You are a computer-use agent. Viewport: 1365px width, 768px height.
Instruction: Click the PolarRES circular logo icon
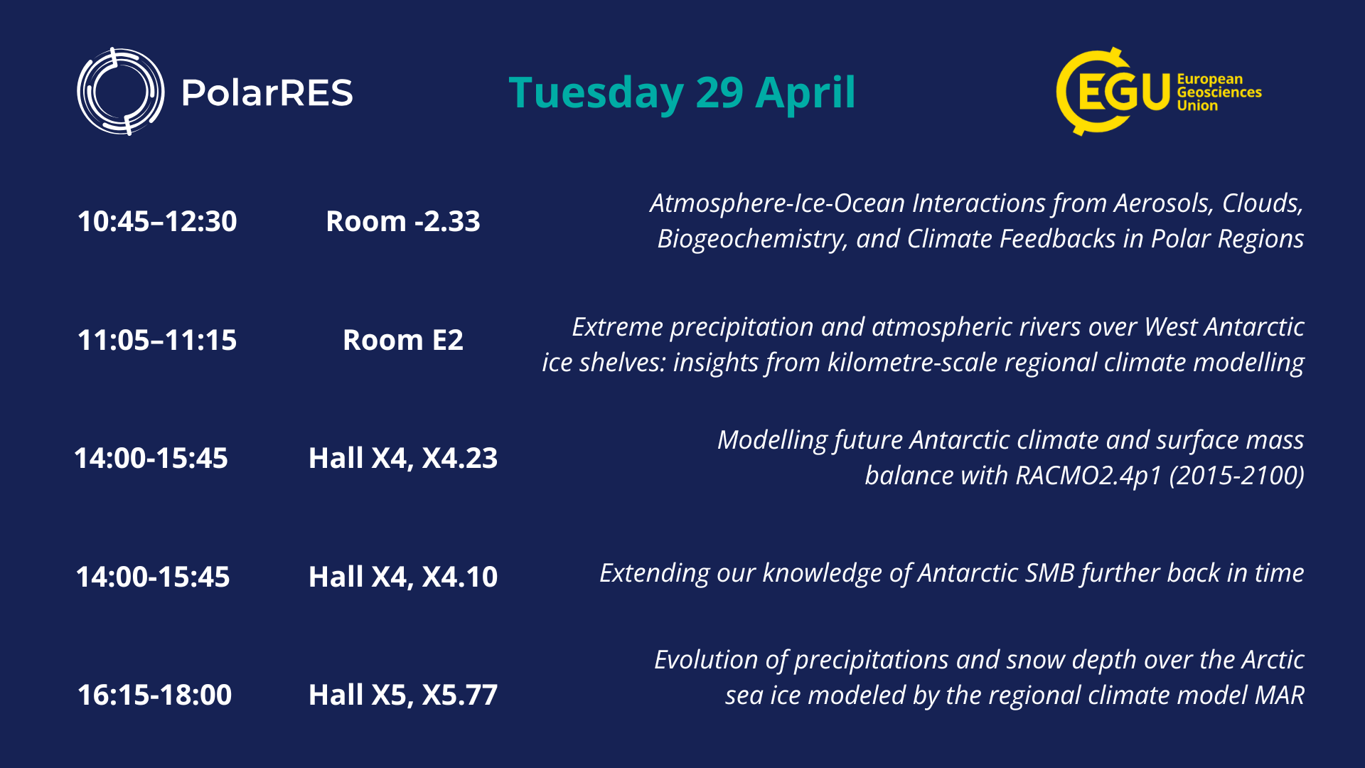click(121, 92)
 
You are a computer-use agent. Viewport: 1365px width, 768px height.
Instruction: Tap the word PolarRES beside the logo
click(267, 93)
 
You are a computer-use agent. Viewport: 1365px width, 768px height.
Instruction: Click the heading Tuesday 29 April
click(682, 92)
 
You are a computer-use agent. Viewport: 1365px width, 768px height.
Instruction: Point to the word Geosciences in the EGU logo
click(1219, 92)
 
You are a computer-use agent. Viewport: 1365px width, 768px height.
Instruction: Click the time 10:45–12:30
click(157, 221)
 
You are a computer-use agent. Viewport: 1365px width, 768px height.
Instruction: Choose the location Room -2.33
click(403, 221)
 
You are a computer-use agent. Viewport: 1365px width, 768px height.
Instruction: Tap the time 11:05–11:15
click(157, 340)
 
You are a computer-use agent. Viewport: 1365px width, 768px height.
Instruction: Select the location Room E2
click(403, 340)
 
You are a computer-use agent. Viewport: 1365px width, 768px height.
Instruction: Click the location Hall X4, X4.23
click(403, 458)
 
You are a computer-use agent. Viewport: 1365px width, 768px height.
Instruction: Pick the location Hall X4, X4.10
click(403, 577)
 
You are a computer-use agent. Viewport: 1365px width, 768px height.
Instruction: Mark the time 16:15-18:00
click(154, 695)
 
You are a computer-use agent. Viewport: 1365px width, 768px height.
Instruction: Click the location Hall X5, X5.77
click(403, 695)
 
